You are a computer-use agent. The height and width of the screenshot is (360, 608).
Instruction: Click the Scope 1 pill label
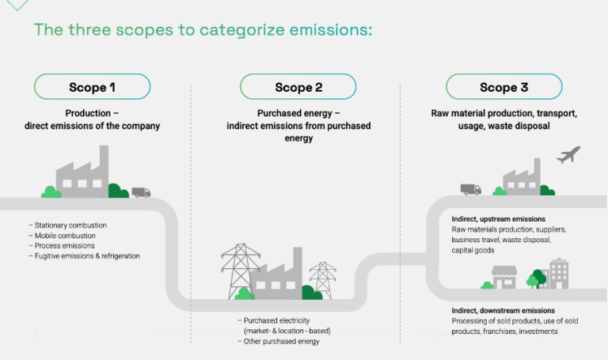click(x=92, y=87)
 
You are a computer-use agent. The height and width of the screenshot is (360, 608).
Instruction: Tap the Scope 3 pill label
click(x=503, y=87)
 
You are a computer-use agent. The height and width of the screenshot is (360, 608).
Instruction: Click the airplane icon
click(x=568, y=154)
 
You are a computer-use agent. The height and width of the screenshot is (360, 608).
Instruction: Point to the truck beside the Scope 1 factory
click(x=141, y=192)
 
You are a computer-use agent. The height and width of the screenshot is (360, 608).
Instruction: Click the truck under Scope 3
click(x=470, y=189)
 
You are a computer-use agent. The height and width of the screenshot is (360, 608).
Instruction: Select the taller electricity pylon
click(x=240, y=269)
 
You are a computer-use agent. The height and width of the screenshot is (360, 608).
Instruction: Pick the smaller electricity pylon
click(x=322, y=279)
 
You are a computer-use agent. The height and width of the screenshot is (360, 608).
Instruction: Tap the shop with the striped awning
click(x=503, y=277)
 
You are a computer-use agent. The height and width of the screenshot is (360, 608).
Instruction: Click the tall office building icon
click(x=559, y=273)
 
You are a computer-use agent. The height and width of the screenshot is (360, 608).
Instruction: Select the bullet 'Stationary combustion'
click(x=70, y=225)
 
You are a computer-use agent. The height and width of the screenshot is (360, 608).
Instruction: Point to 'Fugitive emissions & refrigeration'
click(x=87, y=256)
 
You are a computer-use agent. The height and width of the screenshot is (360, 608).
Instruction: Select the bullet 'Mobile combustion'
click(x=65, y=236)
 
